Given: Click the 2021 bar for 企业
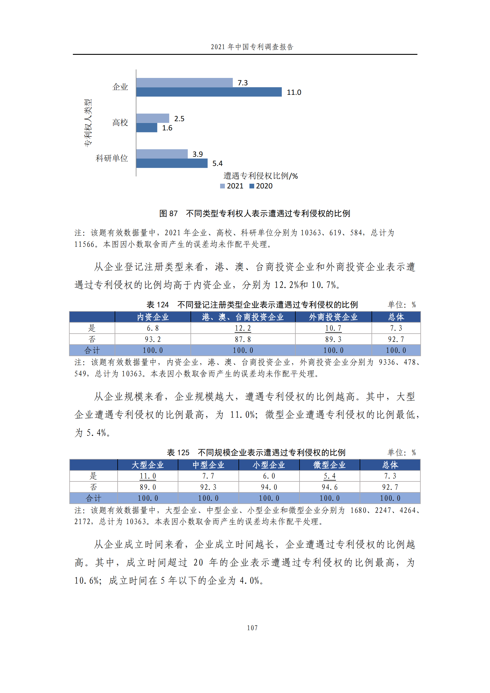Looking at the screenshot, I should pyautogui.click(x=184, y=82).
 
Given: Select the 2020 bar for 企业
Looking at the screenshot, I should pyautogui.click(x=209, y=92).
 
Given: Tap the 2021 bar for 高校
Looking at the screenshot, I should pyautogui.click(x=152, y=118).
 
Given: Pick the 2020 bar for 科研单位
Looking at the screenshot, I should pyautogui.click(x=172, y=163).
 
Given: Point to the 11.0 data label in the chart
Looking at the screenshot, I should pyautogui.click(x=294, y=92).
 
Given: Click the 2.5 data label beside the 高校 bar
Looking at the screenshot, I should pyautogui.click(x=179, y=119).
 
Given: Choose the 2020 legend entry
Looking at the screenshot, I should pyautogui.click(x=261, y=186).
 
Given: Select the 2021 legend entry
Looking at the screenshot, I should pyautogui.click(x=232, y=186).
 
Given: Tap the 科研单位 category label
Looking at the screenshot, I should pyautogui.click(x=112, y=158).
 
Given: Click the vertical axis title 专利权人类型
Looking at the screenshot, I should pyautogui.click(x=88, y=123).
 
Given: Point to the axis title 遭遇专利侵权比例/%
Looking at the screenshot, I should pyautogui.click(x=260, y=176).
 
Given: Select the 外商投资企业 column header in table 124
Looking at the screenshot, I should pyautogui.click(x=333, y=317).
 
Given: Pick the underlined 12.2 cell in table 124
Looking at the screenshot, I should pyautogui.click(x=243, y=328).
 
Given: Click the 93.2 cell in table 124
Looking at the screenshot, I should pyautogui.click(x=153, y=339).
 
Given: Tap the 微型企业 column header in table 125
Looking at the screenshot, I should pyautogui.click(x=329, y=465).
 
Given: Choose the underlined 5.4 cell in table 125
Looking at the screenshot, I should pyautogui.click(x=329, y=476).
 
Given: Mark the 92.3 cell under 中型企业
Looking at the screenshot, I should pyautogui.click(x=208, y=487).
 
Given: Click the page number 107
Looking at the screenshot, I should pyautogui.click(x=252, y=628).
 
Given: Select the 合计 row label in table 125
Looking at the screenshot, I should pyautogui.click(x=94, y=498).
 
